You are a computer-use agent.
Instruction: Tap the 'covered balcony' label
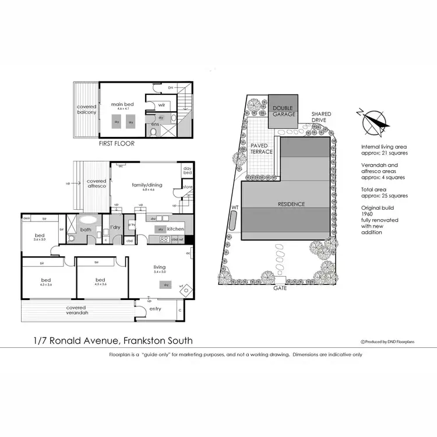(87, 110)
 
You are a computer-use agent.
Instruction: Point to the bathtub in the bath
(88, 220)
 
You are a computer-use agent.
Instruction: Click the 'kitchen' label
(175, 230)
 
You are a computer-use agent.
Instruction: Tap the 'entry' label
(156, 309)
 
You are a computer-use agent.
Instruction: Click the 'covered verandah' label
(77, 311)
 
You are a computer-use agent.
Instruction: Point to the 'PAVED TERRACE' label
(262, 149)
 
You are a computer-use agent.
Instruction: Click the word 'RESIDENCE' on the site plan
(291, 205)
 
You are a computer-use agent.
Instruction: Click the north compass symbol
(374, 122)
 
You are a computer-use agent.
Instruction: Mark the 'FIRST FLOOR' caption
(117, 143)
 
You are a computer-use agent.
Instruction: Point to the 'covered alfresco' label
(97, 184)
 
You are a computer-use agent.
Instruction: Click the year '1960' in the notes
(369, 213)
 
